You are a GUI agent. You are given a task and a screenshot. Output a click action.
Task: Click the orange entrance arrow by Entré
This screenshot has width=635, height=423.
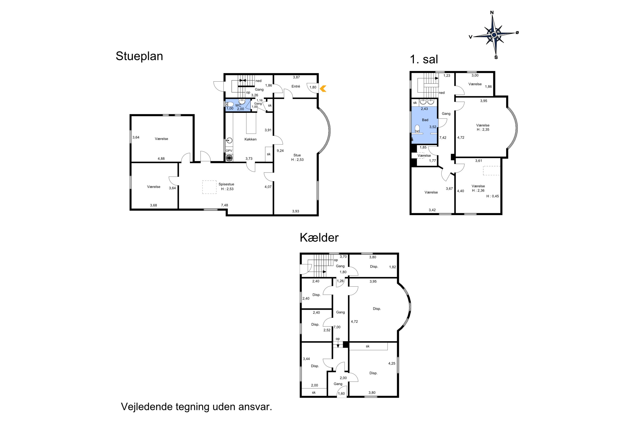click(323, 88)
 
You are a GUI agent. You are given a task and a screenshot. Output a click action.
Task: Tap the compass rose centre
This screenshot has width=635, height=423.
click(494, 35)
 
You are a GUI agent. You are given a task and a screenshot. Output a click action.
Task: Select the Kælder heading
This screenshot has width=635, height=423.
click(319, 238)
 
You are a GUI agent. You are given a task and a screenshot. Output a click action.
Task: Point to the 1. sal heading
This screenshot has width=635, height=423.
click(424, 59)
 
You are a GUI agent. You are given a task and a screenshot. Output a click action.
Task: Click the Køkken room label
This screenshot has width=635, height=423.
click(251, 139)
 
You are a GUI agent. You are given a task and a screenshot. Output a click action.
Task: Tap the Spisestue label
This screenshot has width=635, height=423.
click(226, 184)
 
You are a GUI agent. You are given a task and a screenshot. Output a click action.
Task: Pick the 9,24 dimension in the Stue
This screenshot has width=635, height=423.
click(280, 151)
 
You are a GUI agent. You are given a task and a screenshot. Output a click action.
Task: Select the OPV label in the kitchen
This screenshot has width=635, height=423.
click(229, 151)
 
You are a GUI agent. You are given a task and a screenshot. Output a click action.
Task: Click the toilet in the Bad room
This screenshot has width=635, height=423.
click(417, 129)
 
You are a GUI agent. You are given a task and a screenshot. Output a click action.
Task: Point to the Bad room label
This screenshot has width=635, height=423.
click(425, 120)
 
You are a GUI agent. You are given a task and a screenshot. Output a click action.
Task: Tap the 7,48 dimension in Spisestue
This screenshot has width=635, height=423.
click(224, 205)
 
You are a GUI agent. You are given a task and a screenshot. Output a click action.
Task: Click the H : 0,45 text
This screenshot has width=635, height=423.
click(493, 196)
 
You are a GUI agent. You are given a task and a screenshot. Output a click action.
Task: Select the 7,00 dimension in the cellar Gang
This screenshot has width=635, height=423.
click(337, 327)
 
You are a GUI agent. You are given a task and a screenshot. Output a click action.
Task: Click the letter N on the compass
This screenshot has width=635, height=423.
click(492, 12)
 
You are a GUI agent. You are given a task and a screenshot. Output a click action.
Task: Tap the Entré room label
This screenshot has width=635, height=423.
click(296, 86)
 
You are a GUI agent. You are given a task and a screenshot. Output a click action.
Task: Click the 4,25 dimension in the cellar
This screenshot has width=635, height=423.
click(392, 363)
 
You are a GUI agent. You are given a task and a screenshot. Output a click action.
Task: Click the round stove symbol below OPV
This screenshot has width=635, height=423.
click(229, 158)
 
